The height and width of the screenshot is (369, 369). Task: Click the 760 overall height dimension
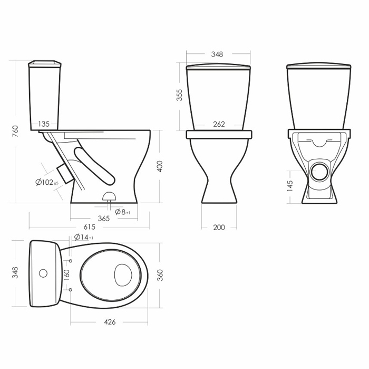tap(15, 131)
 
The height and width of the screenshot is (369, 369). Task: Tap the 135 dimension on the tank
tap(44, 124)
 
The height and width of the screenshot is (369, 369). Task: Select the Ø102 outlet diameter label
tap(47, 182)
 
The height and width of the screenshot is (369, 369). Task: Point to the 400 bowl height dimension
tap(160, 166)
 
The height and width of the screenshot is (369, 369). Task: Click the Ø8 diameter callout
tap(123, 212)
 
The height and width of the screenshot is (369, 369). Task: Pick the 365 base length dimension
tap(104, 219)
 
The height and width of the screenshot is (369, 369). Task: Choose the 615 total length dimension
tap(90, 227)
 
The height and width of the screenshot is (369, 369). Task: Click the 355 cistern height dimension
tap(179, 95)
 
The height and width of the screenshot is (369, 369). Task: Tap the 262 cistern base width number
tap(219, 124)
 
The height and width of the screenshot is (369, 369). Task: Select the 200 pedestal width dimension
tap(219, 228)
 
